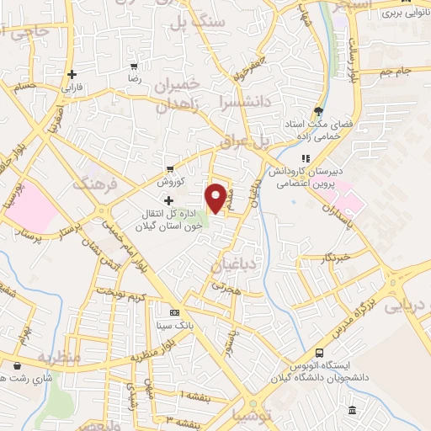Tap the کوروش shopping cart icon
click(171, 168)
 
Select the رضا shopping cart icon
click(133, 66)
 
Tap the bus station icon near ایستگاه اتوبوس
click(319, 353)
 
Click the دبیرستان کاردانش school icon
click(306, 157)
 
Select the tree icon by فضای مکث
click(317, 110)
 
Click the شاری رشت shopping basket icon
click(18, 365)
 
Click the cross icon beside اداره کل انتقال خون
click(168, 200)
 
